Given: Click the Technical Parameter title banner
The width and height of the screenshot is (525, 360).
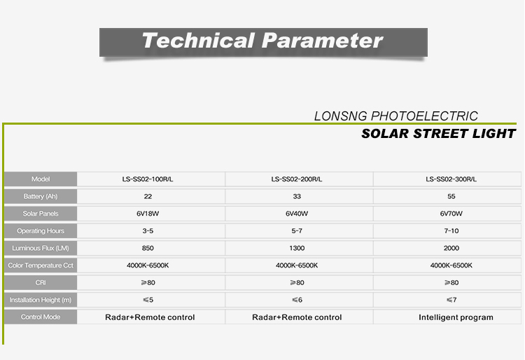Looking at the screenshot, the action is [x=263, y=42].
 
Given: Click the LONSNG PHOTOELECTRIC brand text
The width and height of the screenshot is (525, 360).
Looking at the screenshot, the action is [x=395, y=116].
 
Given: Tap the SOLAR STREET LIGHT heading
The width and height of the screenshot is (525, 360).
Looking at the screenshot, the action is [x=438, y=134].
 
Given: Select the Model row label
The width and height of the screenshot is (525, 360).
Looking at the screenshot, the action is [x=41, y=179].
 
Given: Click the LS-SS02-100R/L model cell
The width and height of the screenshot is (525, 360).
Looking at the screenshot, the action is [x=148, y=179].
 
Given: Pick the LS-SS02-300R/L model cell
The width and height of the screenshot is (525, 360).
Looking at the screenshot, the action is [x=451, y=179].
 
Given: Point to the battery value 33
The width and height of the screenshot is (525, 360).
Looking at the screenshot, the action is [x=297, y=197].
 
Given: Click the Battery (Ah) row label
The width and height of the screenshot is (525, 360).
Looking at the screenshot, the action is [x=41, y=196].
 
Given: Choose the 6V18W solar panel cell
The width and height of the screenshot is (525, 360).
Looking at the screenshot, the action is [x=148, y=214].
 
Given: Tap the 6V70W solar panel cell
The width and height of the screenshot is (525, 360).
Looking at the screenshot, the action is [x=451, y=214].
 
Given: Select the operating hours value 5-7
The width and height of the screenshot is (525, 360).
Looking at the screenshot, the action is [x=297, y=231].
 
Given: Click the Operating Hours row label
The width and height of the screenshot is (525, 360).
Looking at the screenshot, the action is [x=41, y=230].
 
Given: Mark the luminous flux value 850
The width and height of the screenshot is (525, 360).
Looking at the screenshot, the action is [x=148, y=248].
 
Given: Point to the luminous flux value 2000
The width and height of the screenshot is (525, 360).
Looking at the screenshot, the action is [x=451, y=248].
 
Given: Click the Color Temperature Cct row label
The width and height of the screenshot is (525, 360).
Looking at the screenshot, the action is [x=41, y=265].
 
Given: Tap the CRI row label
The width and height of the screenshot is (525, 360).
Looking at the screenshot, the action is [x=41, y=283].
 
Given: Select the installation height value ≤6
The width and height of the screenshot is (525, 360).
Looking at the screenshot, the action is [x=297, y=300].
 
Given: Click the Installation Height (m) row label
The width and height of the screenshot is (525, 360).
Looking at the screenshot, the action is [x=41, y=300].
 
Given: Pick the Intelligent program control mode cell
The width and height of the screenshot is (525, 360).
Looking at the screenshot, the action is [x=456, y=317].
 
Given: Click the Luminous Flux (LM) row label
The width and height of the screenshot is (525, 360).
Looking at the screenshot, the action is [x=41, y=248].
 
